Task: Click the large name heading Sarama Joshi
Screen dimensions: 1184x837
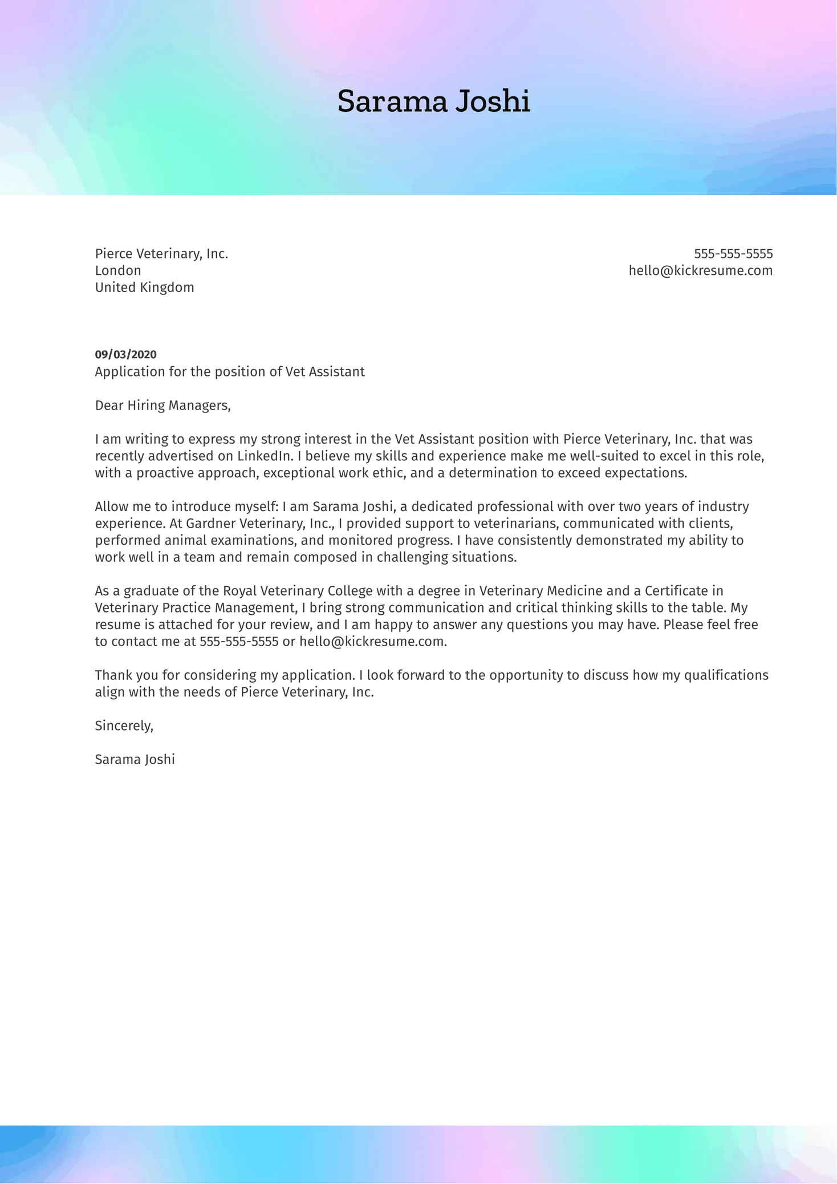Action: click(x=433, y=102)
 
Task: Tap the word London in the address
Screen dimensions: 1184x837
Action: click(x=118, y=270)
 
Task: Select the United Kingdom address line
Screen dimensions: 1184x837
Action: click(x=144, y=287)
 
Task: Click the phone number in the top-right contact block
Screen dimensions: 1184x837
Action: click(x=733, y=254)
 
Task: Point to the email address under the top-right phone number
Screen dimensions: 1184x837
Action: click(x=700, y=270)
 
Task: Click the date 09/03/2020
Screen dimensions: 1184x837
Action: click(x=125, y=355)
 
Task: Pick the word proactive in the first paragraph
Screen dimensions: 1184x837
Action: click(x=162, y=473)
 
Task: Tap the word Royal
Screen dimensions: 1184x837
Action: click(x=239, y=591)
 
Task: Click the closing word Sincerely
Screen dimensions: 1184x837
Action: click(x=123, y=726)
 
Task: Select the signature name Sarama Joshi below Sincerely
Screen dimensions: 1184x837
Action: click(x=135, y=760)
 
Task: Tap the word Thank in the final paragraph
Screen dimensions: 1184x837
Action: click(x=111, y=675)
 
